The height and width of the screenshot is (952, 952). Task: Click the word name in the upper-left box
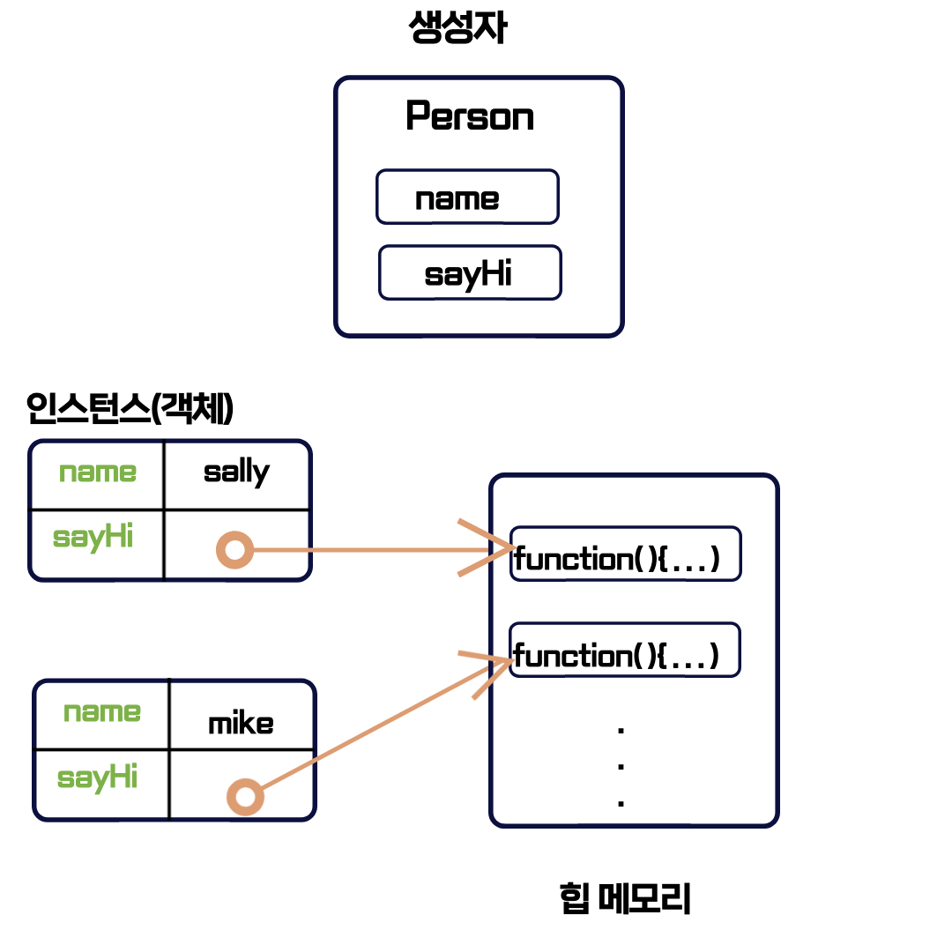(x=97, y=472)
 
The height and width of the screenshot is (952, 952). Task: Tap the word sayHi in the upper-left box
(x=93, y=537)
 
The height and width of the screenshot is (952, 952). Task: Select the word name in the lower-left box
(x=101, y=712)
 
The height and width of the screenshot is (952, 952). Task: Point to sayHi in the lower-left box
(x=97, y=777)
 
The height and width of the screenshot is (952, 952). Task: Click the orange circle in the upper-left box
(x=234, y=550)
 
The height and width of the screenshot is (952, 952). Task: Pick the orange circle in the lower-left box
(x=245, y=797)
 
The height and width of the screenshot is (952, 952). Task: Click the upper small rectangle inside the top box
(x=467, y=197)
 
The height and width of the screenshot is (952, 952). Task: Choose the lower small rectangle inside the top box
(x=470, y=272)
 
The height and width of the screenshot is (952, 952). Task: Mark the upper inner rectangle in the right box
(x=625, y=554)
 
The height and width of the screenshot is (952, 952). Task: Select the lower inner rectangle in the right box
(x=624, y=650)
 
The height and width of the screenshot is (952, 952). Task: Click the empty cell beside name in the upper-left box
(x=236, y=474)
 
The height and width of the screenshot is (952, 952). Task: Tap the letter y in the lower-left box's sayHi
(x=97, y=780)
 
